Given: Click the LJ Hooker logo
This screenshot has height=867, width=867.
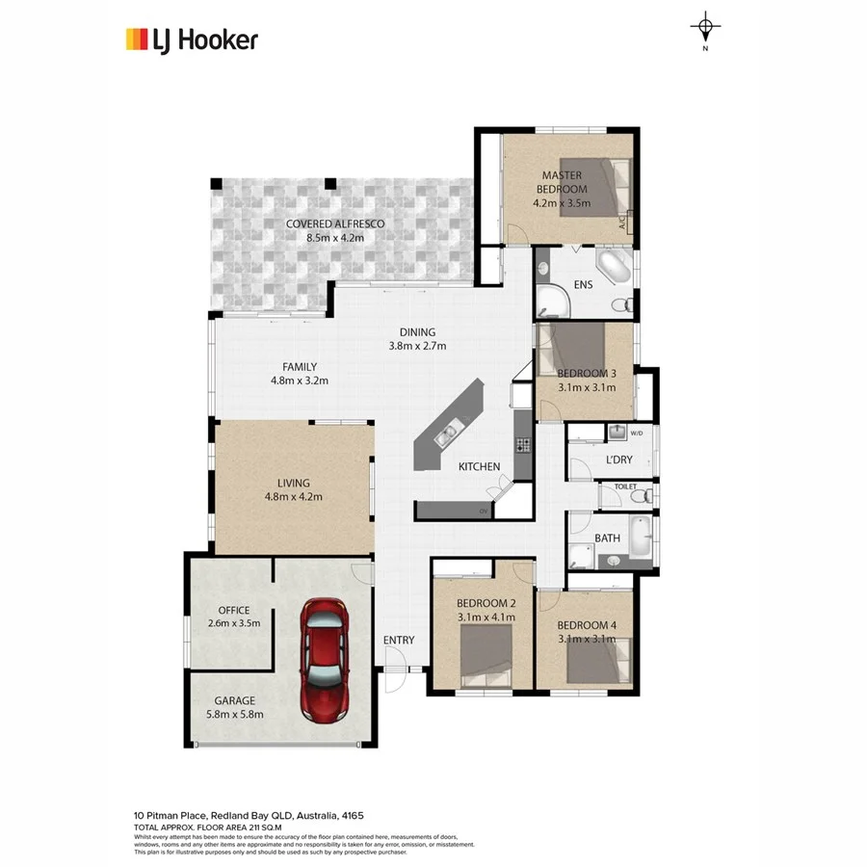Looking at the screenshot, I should tap(192, 39).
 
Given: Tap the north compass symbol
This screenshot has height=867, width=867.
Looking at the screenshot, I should tap(706, 27).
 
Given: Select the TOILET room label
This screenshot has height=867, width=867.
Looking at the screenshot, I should tap(625, 488).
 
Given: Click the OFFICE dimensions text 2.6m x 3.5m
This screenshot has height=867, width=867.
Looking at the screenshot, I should tap(234, 623).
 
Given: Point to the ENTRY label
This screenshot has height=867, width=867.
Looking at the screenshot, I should tap(399, 641).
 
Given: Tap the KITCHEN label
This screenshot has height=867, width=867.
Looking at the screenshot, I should tap(479, 466).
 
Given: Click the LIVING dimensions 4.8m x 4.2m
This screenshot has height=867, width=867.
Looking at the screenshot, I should tap(293, 497).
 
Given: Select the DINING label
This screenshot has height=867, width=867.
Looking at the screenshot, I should tap(417, 332).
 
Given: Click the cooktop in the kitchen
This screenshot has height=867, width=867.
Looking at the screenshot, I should tap(523, 445).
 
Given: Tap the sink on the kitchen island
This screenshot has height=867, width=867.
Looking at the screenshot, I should tap(447, 436).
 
